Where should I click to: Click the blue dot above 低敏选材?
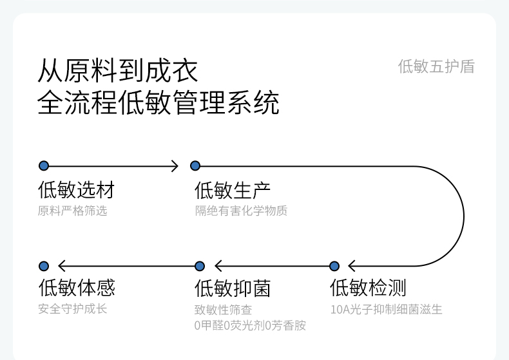(44, 166)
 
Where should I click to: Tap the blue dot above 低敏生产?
(195, 166)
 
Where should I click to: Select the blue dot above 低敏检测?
(334, 266)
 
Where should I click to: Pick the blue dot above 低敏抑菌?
(200, 266)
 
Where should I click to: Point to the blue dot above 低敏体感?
(44, 266)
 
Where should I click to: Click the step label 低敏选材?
(76, 190)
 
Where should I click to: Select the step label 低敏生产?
(233, 190)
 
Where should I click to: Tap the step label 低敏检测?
(368, 288)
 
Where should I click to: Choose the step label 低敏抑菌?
(233, 288)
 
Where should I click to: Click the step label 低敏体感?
(77, 287)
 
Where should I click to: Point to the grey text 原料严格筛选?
(72, 211)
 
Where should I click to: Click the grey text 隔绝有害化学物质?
(241, 211)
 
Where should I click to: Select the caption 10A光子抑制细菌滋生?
(387, 309)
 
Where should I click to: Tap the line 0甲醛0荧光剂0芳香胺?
(250, 325)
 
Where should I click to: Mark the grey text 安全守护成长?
(72, 308)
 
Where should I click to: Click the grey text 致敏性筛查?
(223, 310)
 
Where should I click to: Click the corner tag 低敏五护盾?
(436, 66)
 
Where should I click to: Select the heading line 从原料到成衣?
(117, 70)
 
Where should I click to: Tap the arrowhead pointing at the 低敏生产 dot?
(175, 166)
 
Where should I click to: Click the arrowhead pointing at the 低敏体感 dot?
(62, 266)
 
